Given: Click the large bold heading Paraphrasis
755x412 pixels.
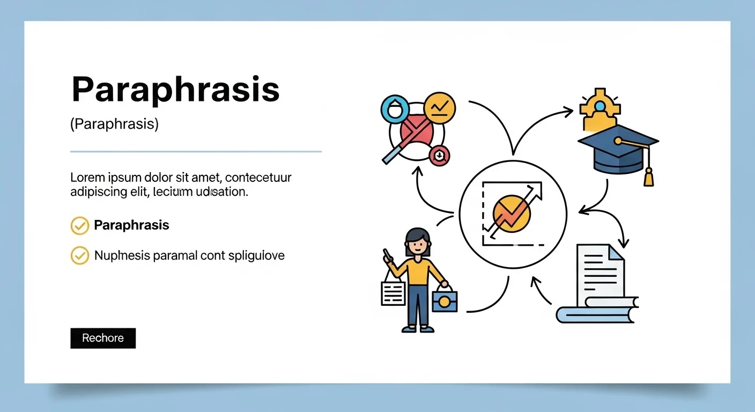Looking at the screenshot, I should (x=175, y=90).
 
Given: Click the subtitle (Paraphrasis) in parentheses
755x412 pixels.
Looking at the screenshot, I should (x=114, y=124).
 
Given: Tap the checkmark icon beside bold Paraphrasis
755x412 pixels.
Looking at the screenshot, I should (x=80, y=226).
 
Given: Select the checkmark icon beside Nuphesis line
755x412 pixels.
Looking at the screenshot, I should (x=80, y=255).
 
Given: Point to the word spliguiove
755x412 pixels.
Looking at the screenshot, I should (x=256, y=255).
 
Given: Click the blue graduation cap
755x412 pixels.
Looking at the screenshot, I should (x=617, y=148).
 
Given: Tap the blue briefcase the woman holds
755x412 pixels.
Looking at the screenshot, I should (x=445, y=300).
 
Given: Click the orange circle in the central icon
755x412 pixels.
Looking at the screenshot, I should (x=511, y=214).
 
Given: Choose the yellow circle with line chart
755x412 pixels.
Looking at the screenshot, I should (x=440, y=108).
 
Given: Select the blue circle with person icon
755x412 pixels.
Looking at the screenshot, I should (x=395, y=110).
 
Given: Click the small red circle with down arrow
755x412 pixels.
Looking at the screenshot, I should (x=439, y=156).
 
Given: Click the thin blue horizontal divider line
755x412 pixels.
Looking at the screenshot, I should (x=196, y=152).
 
